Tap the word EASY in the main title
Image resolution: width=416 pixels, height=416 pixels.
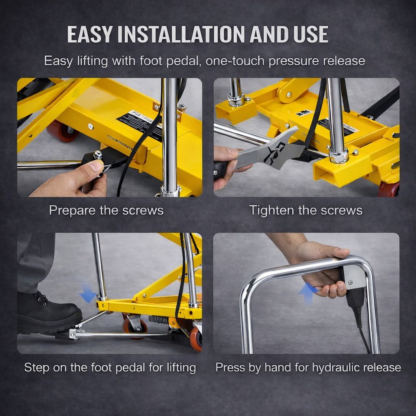pyautogui.click(x=91, y=34)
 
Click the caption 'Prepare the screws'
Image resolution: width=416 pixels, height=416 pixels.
pyautogui.click(x=106, y=210)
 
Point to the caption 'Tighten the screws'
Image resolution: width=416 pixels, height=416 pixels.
pyautogui.click(x=305, y=210)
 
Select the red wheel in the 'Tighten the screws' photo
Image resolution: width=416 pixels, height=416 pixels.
pyautogui.click(x=389, y=189)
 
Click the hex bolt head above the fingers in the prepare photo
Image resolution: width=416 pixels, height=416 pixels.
pyautogui.click(x=97, y=155)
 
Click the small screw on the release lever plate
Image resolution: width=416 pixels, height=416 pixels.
pyautogui.click(x=351, y=271)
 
